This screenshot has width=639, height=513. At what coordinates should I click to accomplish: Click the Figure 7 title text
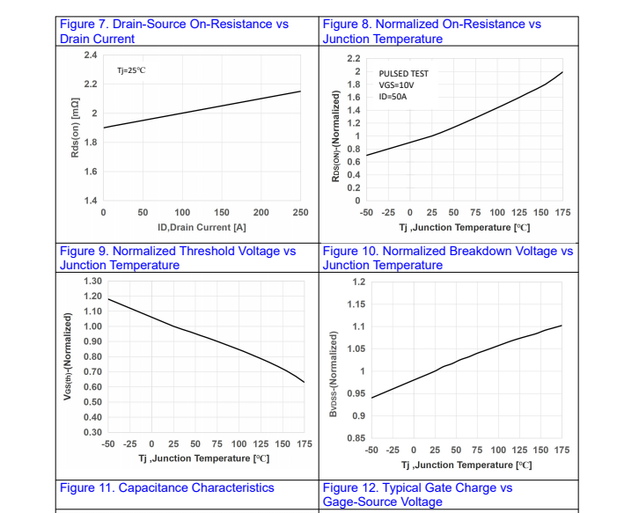pyautogui.click(x=173, y=31)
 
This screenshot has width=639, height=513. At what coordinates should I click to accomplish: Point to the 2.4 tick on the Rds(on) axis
pyautogui.click(x=91, y=55)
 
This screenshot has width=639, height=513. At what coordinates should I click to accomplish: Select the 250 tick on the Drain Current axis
pyautogui.click(x=300, y=213)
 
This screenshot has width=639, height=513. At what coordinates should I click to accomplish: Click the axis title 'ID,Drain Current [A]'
pyautogui.click(x=202, y=227)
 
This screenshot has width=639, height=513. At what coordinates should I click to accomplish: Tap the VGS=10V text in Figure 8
pyautogui.click(x=397, y=85)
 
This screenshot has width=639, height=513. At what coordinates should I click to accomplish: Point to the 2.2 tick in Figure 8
pyautogui.click(x=355, y=58)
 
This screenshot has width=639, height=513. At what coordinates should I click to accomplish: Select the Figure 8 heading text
pyautogui.click(x=431, y=31)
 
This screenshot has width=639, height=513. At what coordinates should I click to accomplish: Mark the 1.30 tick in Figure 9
pyautogui.click(x=92, y=282)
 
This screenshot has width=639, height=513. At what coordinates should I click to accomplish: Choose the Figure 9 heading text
pyautogui.click(x=178, y=258)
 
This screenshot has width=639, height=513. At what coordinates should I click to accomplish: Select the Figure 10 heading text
pyautogui.click(x=447, y=258)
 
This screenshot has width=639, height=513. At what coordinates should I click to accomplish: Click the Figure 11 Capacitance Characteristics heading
pyautogui.click(x=166, y=488)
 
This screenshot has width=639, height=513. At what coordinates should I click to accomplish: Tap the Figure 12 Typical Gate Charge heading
pyautogui.click(x=417, y=495)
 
